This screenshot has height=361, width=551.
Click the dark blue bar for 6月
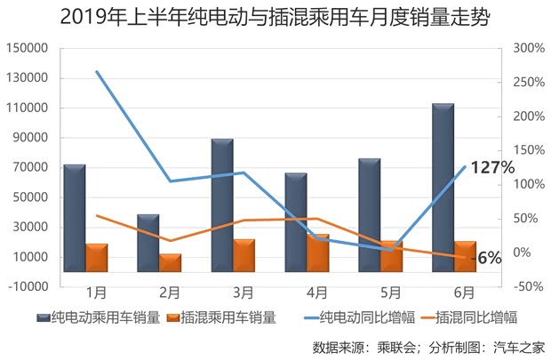point(443,188)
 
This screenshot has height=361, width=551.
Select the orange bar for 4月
point(318,253)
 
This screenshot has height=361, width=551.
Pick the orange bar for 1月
point(97,258)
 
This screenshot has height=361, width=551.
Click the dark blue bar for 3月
point(222,205)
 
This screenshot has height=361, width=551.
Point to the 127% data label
point(492,167)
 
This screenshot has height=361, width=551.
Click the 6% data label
point(490,258)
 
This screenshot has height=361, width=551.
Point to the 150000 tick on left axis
point(27,48)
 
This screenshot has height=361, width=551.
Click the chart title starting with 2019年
point(275,17)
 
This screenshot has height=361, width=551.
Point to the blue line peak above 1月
point(97,71)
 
